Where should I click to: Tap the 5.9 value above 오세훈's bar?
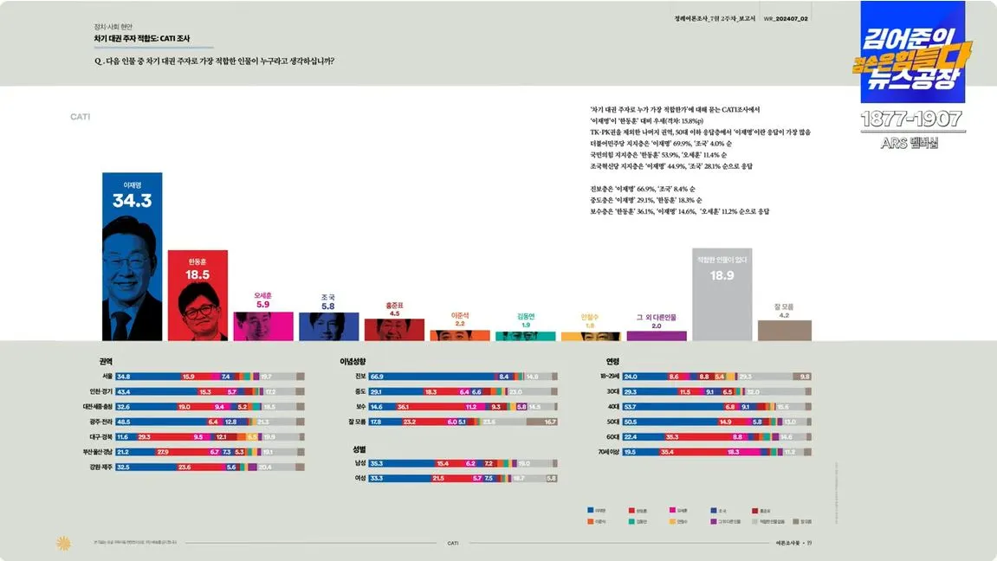(262, 305)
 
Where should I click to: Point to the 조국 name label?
(327, 297)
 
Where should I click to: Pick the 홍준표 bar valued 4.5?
(394, 330)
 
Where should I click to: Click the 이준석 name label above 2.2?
(459, 315)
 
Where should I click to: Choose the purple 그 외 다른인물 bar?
(656, 335)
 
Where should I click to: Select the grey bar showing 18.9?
(722, 294)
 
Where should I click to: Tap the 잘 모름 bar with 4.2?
(784, 330)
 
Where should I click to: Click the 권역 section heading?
(106, 361)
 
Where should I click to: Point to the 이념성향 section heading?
(353, 361)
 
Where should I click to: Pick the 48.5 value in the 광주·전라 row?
(123, 422)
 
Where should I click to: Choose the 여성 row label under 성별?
(359, 478)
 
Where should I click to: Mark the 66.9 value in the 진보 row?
(377, 377)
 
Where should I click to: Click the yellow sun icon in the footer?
(62, 543)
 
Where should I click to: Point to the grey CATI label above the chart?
(80, 116)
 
